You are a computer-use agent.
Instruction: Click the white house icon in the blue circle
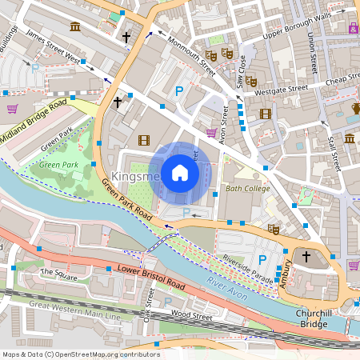tap(180, 172)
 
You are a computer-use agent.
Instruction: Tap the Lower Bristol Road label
tap(151, 278)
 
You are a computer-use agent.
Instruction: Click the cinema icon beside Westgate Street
tap(265, 113)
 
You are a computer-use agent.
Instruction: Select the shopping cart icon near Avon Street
tap(211, 133)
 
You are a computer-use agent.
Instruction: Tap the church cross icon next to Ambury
tap(305, 256)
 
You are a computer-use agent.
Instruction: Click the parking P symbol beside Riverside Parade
tap(262, 259)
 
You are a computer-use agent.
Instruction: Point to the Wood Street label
tap(192, 317)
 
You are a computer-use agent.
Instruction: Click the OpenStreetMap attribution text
tap(80, 354)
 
